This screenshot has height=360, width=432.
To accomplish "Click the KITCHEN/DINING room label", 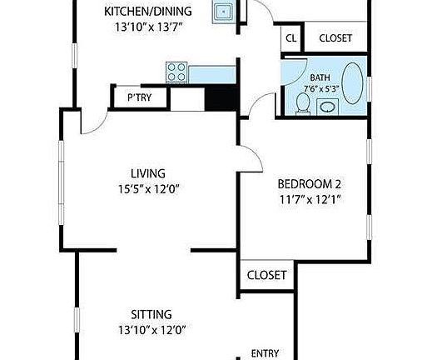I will (148, 12).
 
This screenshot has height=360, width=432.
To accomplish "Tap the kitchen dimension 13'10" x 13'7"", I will (148, 27).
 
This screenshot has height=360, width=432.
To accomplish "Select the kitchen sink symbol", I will (222, 12).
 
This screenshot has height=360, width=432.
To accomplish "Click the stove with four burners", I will (176, 72).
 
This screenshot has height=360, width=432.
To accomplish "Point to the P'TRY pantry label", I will (138, 97).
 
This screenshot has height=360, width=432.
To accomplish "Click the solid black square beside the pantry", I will (221, 97).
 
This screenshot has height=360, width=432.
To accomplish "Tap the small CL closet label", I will (290, 38).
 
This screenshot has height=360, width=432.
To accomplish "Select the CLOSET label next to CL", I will (335, 38).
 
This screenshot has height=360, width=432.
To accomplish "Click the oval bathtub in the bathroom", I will (354, 87).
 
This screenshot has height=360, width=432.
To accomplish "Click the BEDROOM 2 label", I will (309, 184).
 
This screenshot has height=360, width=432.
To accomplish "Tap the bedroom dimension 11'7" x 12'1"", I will (309, 200).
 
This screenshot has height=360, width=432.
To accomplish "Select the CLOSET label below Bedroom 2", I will (266, 275).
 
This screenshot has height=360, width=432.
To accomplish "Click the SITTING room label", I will (151, 314).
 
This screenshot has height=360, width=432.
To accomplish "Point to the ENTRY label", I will (265, 352).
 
